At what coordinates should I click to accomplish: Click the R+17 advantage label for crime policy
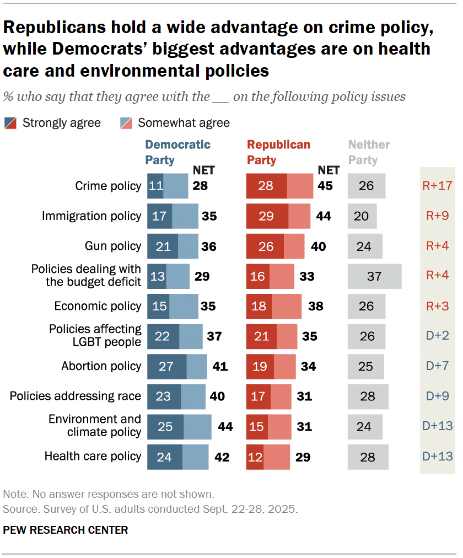point(437,185)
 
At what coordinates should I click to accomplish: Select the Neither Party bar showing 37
point(374,276)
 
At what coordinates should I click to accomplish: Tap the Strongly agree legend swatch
point(10,122)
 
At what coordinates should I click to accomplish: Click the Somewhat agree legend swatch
point(126,122)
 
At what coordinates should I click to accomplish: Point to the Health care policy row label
point(93,456)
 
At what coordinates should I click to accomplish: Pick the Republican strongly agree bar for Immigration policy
point(267,216)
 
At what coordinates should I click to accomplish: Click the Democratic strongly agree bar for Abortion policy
point(166,366)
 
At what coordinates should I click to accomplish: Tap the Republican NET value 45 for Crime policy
point(325,186)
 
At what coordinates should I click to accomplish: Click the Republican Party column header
point(278,152)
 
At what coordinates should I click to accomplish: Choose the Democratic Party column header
point(177,152)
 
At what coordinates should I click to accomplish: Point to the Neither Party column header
point(368,152)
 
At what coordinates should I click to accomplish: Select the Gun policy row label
point(113,246)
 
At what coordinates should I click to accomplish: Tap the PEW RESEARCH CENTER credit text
point(66,530)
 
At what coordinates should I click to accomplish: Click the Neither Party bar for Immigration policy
point(362,216)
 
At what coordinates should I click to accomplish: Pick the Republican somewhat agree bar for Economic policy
point(287,306)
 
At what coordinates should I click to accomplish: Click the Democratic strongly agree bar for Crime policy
point(155,186)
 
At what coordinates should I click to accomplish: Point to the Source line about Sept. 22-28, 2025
point(150,509)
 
